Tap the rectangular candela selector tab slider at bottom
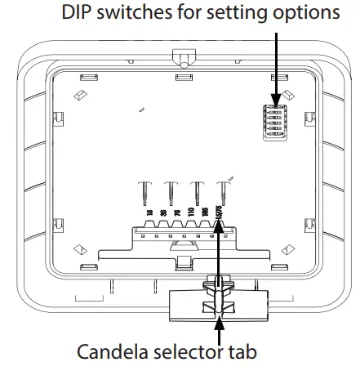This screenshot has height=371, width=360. pos(217,306)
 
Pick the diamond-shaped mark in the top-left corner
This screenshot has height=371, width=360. pos(80,95)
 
